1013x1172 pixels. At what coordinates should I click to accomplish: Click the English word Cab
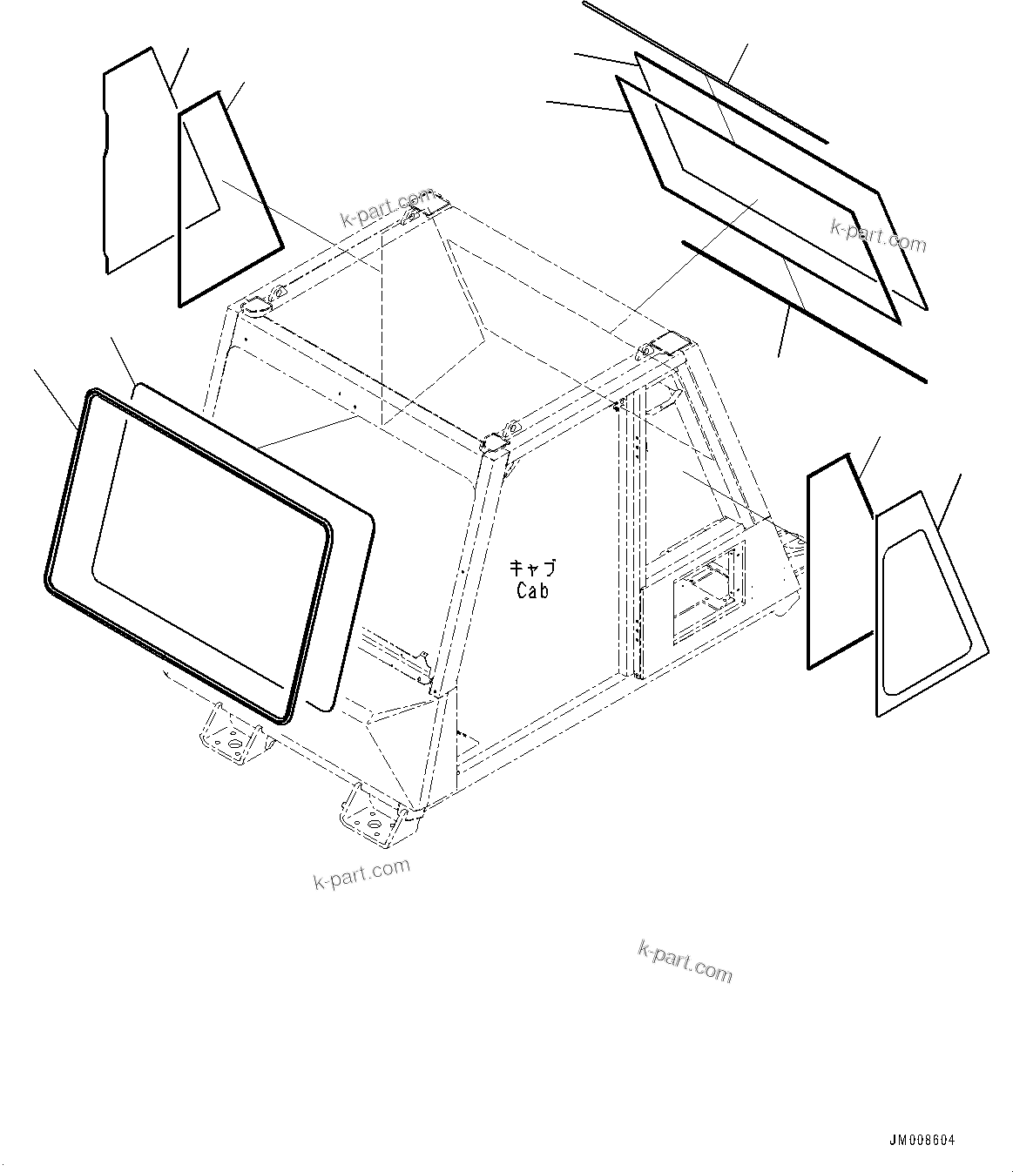click(532, 590)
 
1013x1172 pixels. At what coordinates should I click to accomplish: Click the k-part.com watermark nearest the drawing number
click(685, 960)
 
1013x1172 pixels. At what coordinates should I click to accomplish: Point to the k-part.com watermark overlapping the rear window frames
click(878, 234)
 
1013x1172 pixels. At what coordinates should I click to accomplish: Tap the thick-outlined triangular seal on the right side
click(810, 566)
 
